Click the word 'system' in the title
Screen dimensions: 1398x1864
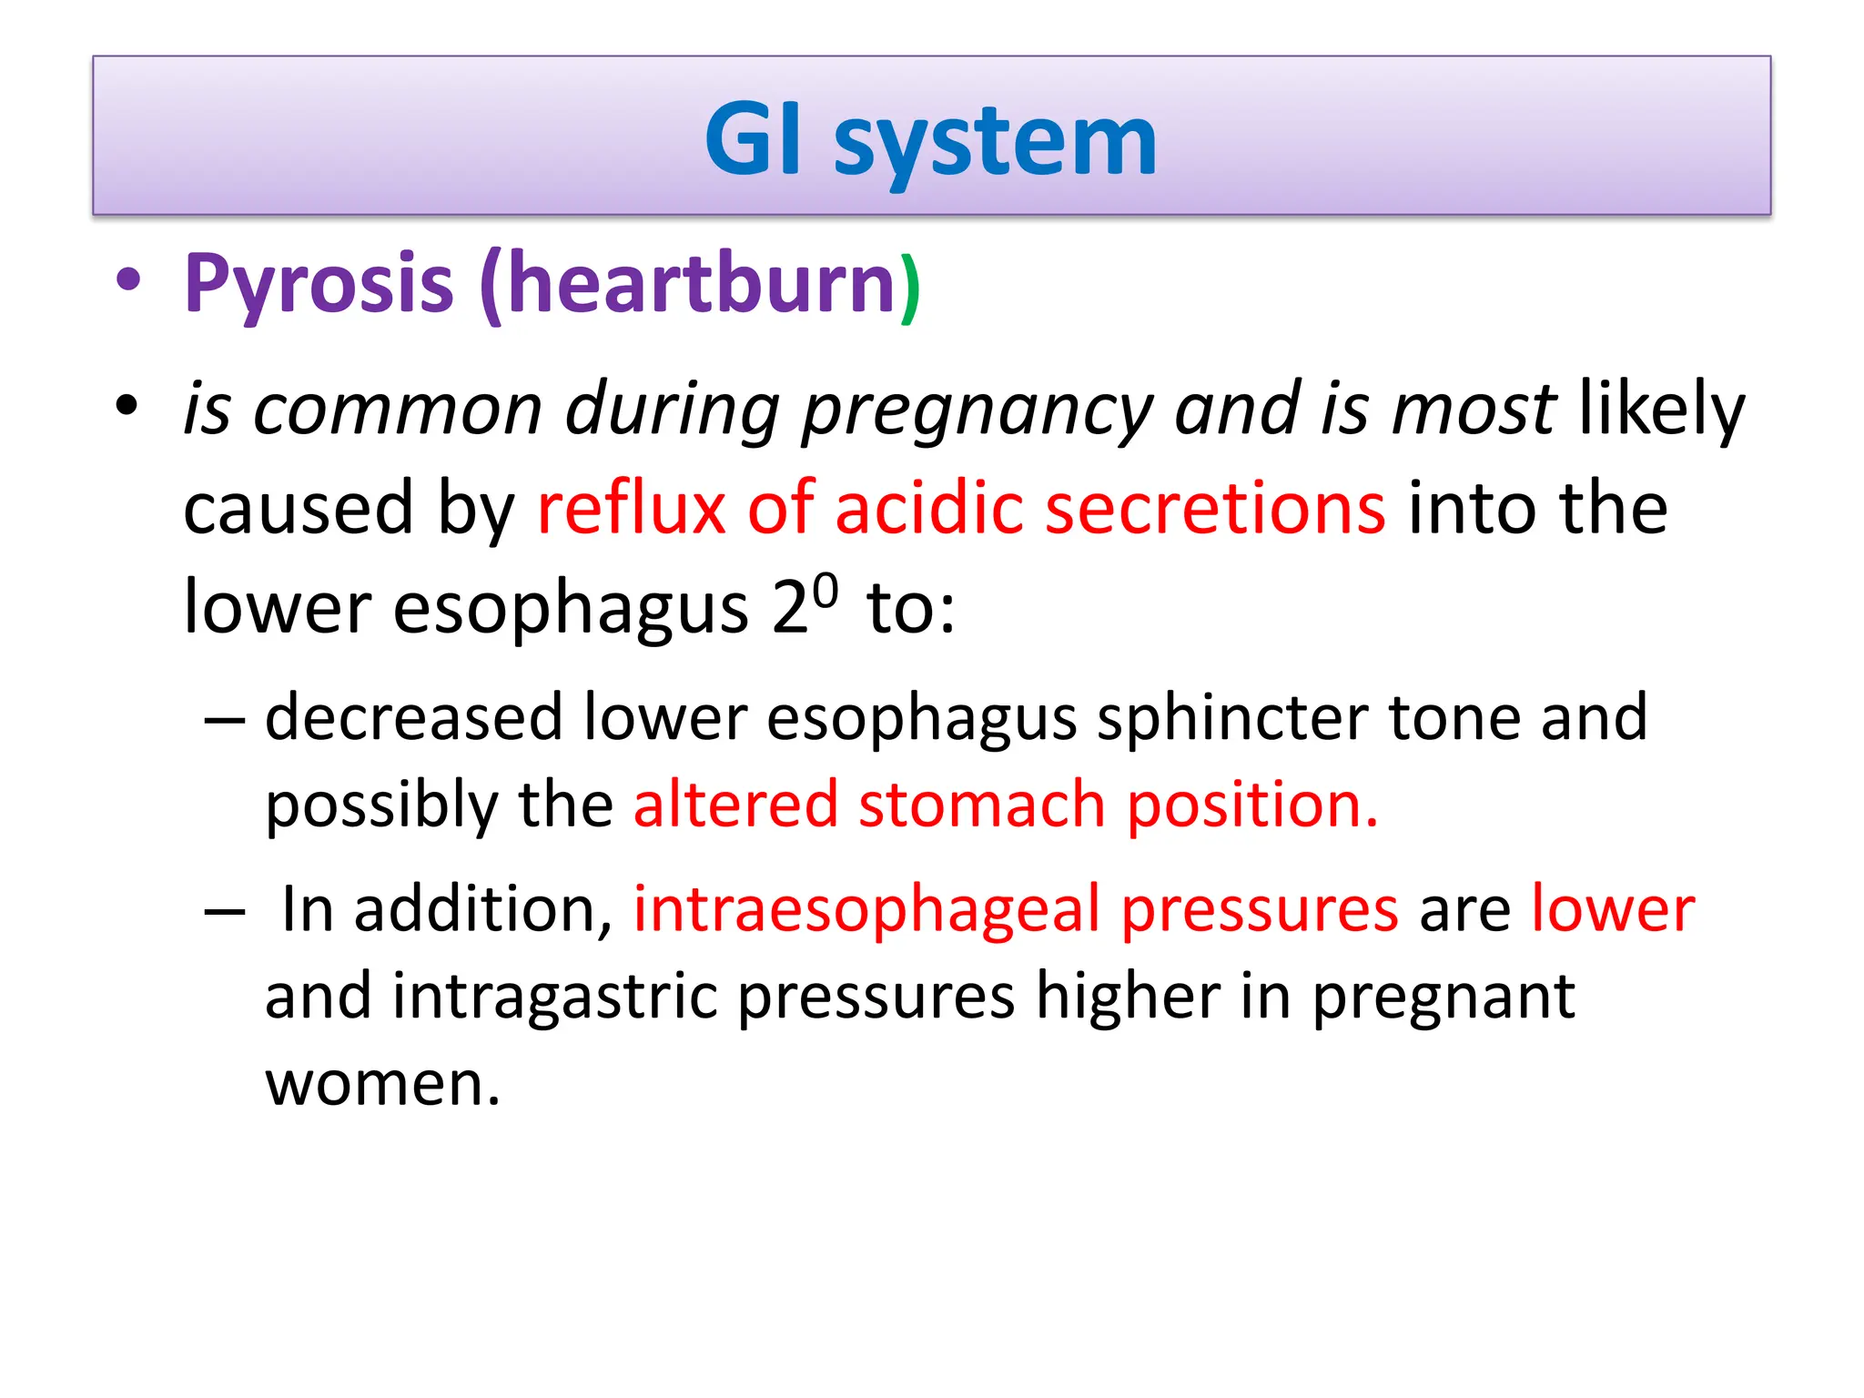tap(995, 144)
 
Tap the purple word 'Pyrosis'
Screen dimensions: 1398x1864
tap(319, 284)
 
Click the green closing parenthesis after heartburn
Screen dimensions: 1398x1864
tap(910, 287)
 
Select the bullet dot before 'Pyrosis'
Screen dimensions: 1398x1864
tap(128, 280)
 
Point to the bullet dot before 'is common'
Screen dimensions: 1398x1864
tap(128, 405)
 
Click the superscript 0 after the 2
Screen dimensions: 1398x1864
tap(825, 591)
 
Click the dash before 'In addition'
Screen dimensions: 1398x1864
tap(225, 911)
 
